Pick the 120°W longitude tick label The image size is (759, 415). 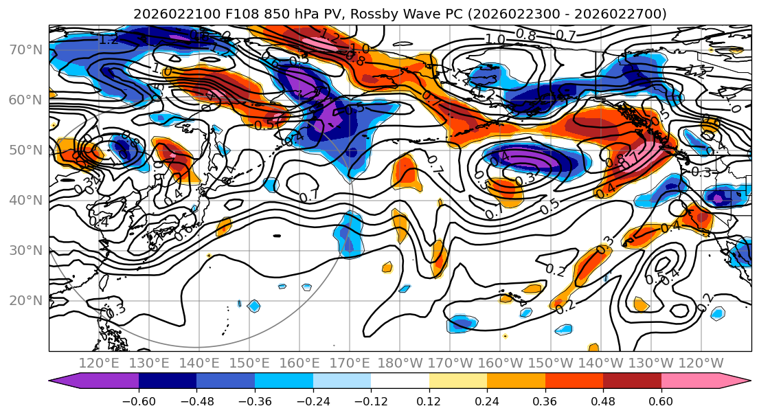point(701,363)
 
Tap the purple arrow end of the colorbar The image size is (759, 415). point(58,382)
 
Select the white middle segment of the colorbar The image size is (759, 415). point(400,382)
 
